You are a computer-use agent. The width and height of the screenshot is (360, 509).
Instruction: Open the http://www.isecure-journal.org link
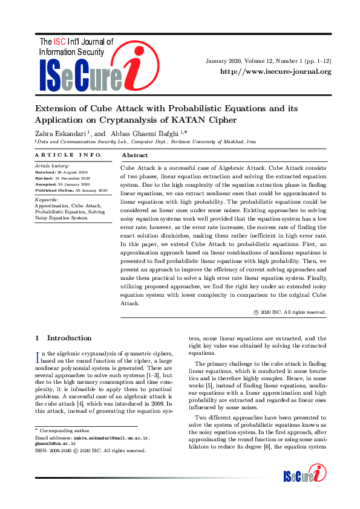point(276,71)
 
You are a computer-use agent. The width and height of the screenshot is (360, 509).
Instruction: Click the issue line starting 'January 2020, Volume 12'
point(269,60)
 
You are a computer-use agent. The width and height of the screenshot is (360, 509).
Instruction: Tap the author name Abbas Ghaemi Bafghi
point(145,132)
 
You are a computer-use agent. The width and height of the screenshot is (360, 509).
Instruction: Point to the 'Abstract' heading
point(134,155)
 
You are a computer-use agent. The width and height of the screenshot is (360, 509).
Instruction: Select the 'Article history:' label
point(51,165)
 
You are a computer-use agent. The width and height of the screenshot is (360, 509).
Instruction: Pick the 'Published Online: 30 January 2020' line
point(71,190)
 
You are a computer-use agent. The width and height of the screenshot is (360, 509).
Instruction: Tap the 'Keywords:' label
point(47,199)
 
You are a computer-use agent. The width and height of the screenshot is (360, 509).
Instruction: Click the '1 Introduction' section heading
point(64,338)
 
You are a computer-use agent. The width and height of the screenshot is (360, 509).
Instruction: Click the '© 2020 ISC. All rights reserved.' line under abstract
point(290,312)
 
